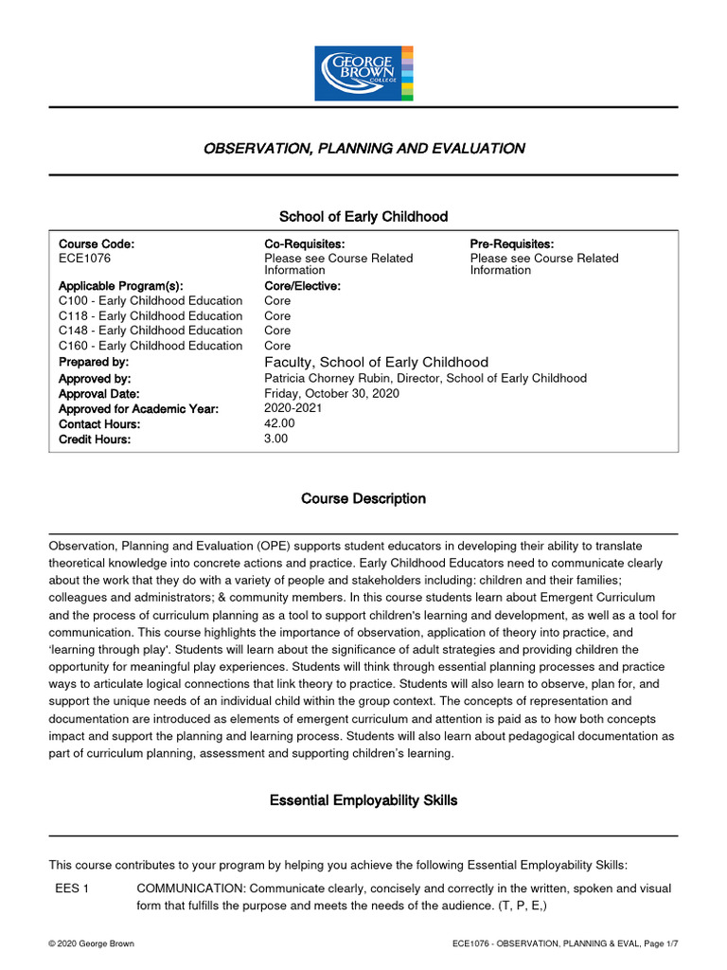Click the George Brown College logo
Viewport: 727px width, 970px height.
click(363, 72)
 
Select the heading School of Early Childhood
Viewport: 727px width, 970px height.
click(363, 217)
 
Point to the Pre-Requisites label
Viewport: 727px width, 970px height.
click(512, 244)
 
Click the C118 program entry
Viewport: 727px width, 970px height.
click(151, 315)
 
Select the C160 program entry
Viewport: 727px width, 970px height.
click(151, 346)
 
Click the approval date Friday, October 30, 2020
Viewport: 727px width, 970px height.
click(331, 393)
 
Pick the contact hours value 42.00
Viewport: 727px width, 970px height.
click(280, 423)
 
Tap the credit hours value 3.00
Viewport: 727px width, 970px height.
click(276, 439)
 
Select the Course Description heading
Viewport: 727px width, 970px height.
click(363, 498)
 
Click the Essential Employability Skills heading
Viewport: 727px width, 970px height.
click(363, 800)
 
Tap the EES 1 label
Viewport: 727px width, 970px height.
click(73, 889)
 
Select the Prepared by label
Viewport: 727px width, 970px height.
click(94, 362)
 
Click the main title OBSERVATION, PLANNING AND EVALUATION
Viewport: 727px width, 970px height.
click(363, 148)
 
